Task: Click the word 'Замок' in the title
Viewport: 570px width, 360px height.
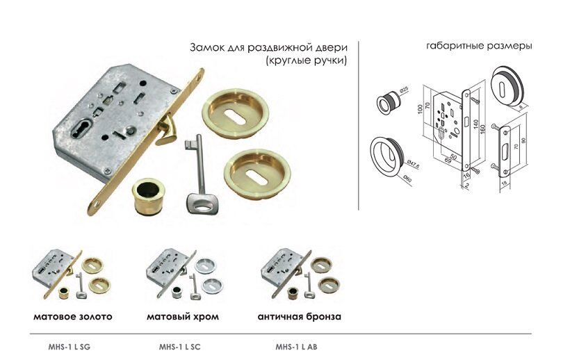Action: click(x=206, y=48)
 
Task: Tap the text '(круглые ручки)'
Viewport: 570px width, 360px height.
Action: click(x=306, y=61)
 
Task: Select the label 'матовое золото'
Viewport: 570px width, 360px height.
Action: click(x=72, y=317)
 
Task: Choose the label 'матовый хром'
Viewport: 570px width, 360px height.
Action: click(x=183, y=317)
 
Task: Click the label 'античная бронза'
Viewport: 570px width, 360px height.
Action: click(x=299, y=317)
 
